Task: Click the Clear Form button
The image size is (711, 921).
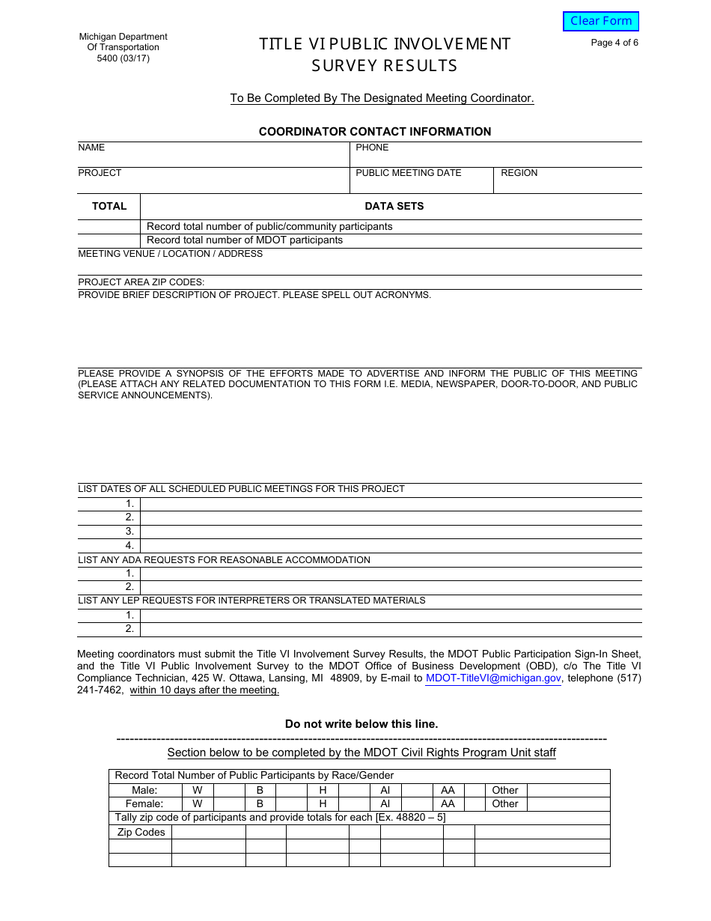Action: click(x=601, y=21)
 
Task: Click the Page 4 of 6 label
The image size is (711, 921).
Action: click(x=614, y=43)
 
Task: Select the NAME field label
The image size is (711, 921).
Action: click(x=91, y=148)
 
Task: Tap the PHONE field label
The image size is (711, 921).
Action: click(x=372, y=148)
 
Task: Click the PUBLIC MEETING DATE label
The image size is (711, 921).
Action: click(x=409, y=173)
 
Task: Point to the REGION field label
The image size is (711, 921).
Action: click(x=519, y=173)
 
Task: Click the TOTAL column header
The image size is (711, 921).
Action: click(x=109, y=206)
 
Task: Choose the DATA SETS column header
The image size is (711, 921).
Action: click(x=394, y=206)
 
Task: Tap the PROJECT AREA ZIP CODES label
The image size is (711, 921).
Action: click(x=141, y=282)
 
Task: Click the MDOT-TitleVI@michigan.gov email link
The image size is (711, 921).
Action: click(x=493, y=678)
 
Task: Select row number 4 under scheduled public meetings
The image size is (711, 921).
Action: click(x=129, y=546)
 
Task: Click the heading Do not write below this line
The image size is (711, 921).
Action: click(x=361, y=724)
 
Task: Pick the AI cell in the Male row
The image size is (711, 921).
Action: click(x=385, y=790)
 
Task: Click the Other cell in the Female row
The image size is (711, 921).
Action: click(x=505, y=803)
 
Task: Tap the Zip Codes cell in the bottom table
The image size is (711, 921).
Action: click(x=141, y=832)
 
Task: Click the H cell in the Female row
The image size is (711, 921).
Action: click(x=323, y=803)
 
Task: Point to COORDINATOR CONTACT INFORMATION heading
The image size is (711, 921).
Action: click(x=375, y=132)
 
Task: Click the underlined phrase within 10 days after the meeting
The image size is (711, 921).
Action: click(x=204, y=690)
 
